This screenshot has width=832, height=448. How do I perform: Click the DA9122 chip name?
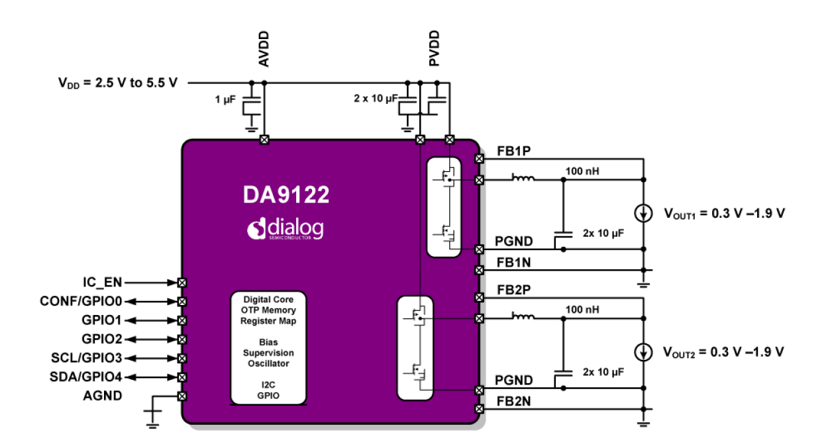point(286,195)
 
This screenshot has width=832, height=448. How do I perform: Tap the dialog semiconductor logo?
point(286,229)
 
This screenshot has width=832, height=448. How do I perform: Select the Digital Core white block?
point(268,347)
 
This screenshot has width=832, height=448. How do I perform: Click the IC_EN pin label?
point(101,282)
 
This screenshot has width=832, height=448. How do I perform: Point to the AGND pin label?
point(102,396)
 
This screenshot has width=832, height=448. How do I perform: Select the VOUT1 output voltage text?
point(723,213)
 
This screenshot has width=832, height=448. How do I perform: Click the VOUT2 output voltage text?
point(723,351)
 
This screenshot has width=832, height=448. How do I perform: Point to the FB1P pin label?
point(513,152)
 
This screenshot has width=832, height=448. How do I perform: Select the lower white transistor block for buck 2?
point(415,348)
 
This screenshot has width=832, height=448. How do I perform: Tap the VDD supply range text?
point(117,83)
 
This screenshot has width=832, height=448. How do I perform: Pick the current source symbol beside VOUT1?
point(643,213)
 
